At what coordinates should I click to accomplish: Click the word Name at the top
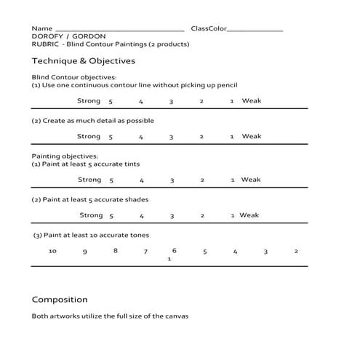pos(42,28)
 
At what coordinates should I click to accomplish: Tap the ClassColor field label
pos(209,28)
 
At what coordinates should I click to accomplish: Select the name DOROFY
pos(48,36)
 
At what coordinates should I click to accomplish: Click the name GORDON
pos(89,36)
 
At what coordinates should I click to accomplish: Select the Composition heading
pos(60,299)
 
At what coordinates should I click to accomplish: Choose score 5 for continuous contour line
pos(111,102)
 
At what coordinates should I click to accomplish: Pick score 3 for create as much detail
pos(171,137)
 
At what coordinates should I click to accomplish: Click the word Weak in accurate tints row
pos(251,180)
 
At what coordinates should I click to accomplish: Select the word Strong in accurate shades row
pos(91,215)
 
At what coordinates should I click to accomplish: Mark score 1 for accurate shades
pos(232,215)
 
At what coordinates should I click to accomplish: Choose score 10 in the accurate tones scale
pos(52,251)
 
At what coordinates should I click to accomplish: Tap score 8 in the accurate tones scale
pos(115,251)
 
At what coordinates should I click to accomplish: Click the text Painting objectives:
pos(65,156)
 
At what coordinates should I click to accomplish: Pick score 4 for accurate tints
pos(142,180)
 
